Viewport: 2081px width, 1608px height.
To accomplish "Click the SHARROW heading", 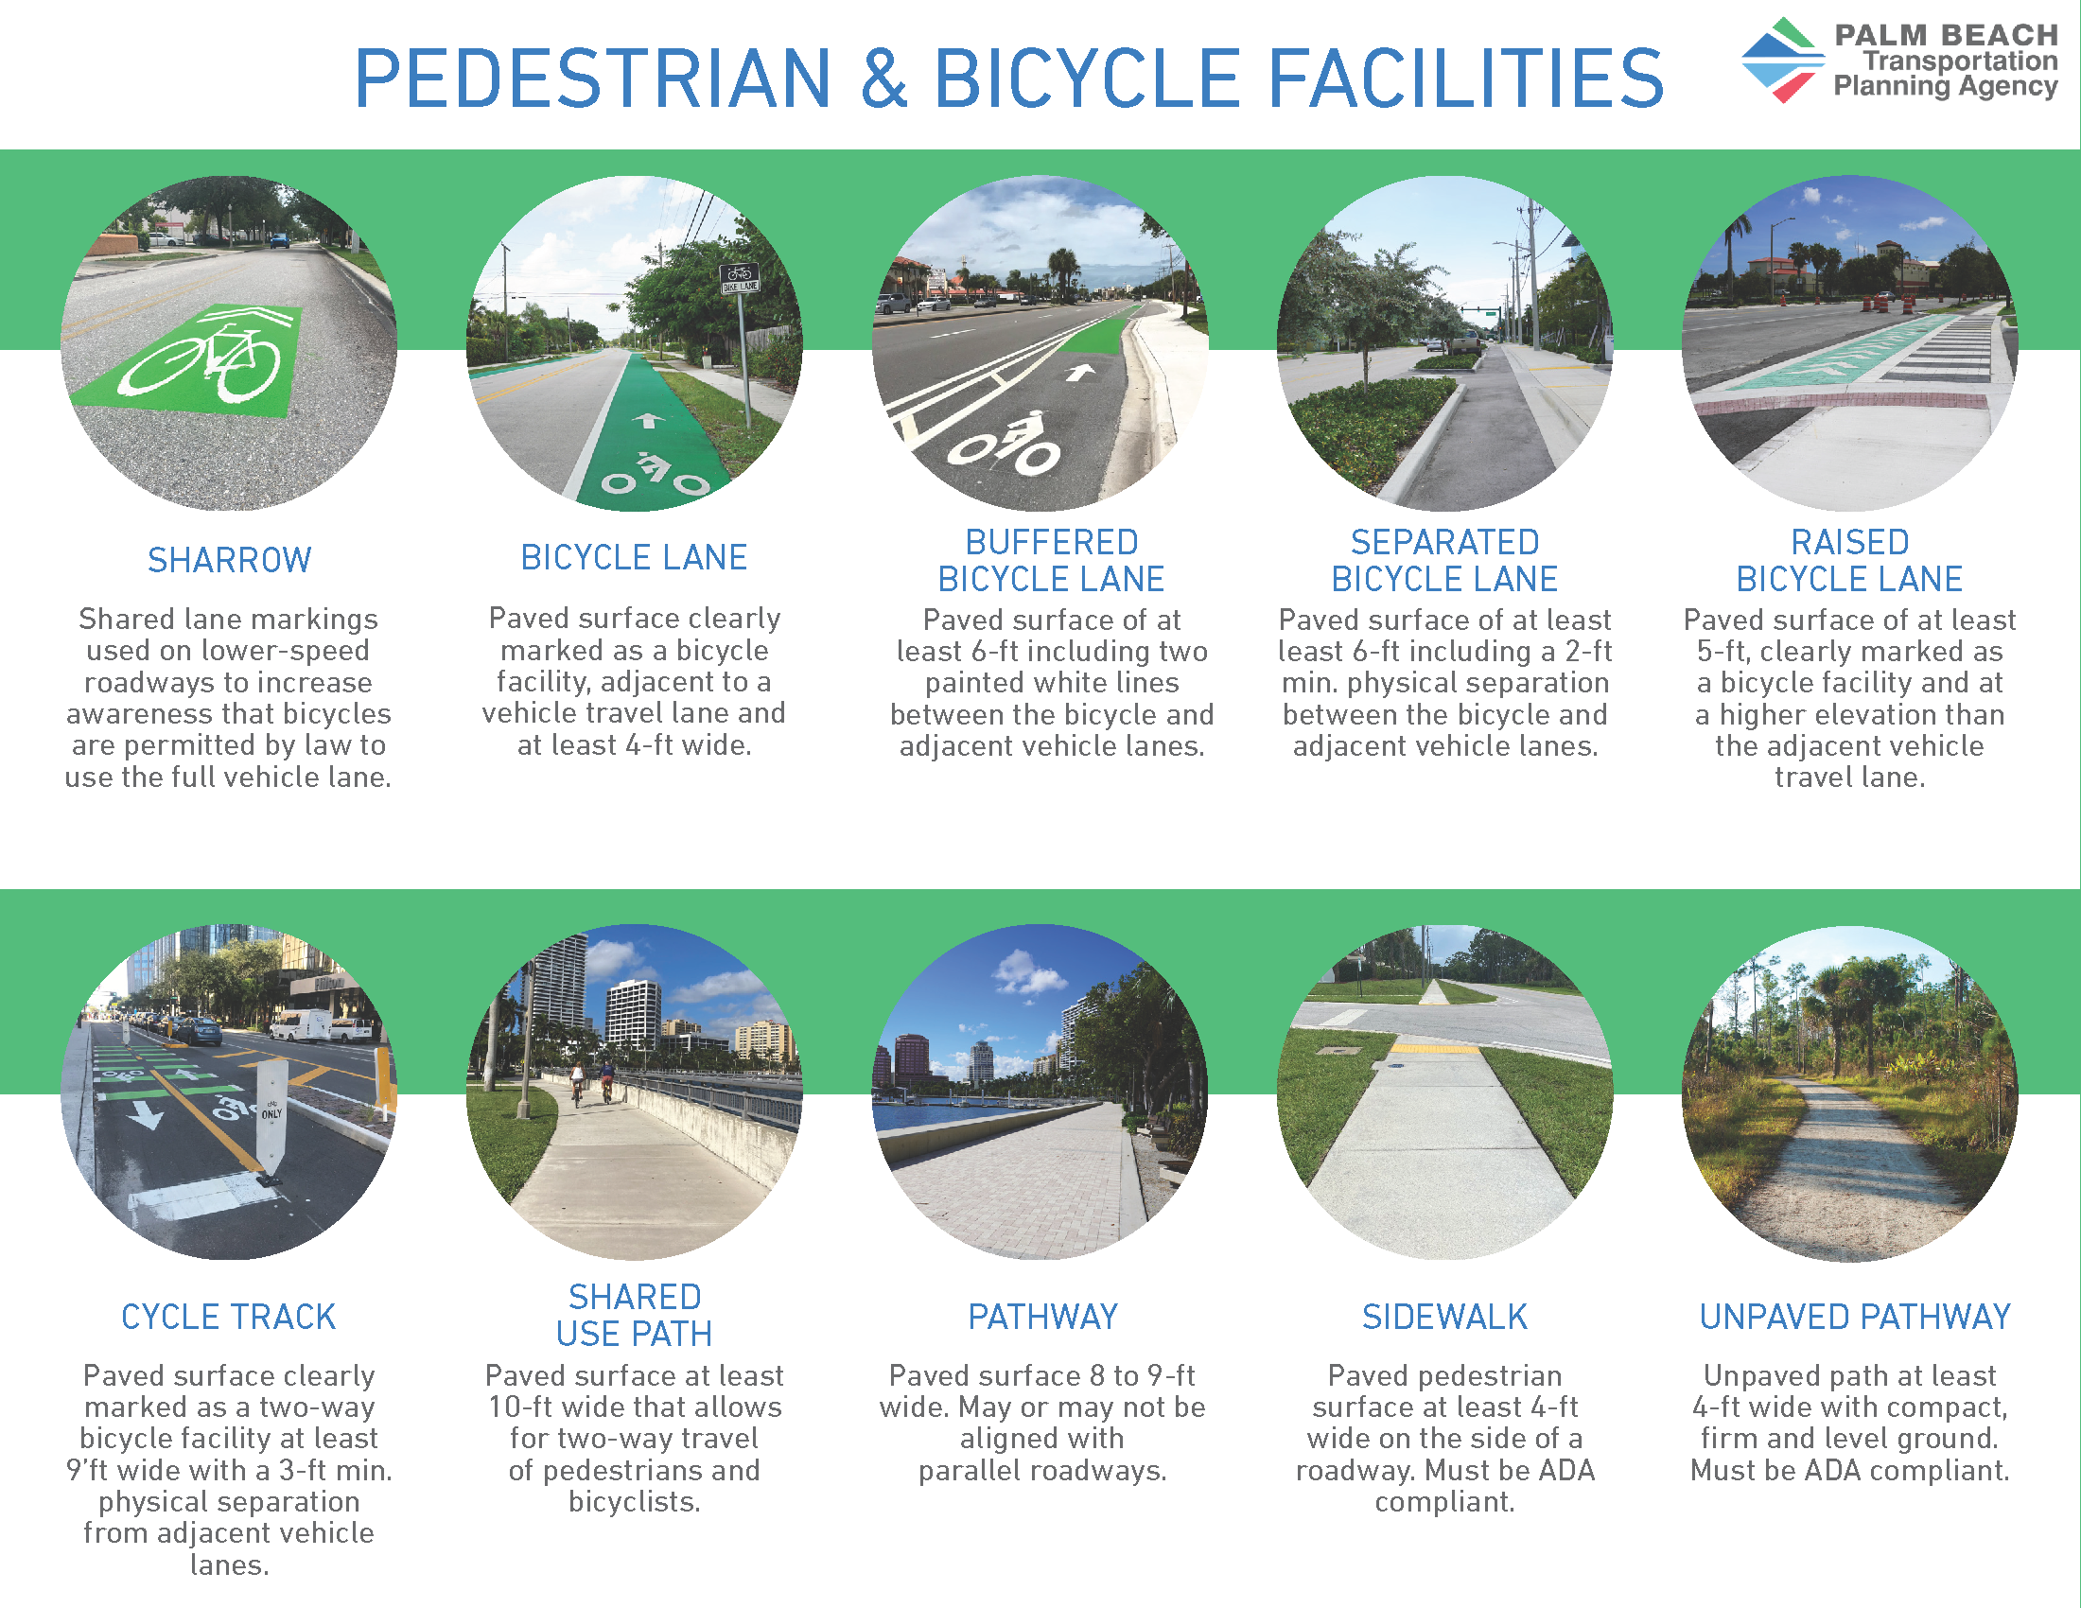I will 229,560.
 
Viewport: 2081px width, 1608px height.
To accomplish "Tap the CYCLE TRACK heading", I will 229,1317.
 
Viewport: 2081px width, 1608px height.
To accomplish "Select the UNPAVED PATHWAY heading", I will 1854,1317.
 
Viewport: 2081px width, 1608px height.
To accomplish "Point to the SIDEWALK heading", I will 1444,1317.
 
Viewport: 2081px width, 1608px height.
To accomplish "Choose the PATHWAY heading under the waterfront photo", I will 1042,1317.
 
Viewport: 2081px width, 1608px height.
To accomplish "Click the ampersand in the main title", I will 884,79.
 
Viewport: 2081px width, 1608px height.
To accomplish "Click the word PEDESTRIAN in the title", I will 593,79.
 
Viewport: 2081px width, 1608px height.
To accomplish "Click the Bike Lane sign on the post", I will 740,278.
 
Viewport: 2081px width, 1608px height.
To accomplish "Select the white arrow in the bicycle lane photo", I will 649,419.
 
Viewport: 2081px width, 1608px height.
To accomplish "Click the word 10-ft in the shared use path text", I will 520,1407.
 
